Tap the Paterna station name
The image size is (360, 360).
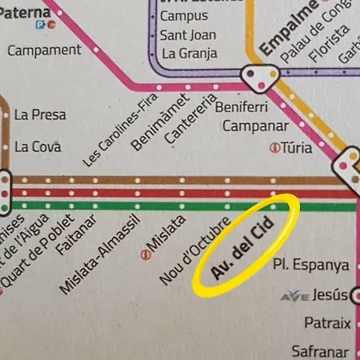point(25,11)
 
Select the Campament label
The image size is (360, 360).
point(44,50)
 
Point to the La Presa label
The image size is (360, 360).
point(40,114)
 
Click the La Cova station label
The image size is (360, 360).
point(38,146)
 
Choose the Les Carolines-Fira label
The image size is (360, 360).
point(120,130)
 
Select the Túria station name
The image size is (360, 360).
point(296,147)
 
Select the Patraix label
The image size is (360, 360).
point(327,323)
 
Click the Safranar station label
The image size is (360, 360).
point(319,350)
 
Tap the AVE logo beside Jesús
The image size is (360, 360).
point(294,297)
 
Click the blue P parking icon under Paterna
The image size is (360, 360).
point(40,24)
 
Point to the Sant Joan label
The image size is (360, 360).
point(188,35)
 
